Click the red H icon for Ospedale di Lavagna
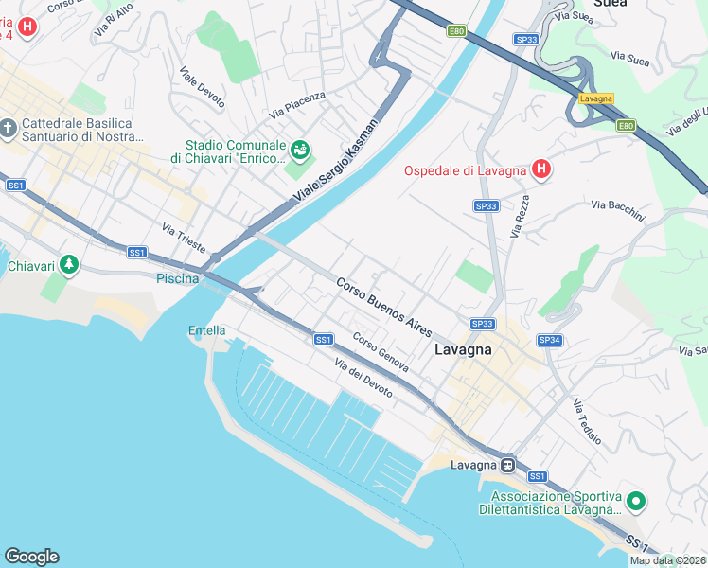point(540,170)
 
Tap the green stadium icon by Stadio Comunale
point(300,149)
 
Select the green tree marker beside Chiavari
point(68,265)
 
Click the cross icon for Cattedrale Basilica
point(9,127)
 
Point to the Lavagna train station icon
point(508,465)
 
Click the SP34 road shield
point(550,340)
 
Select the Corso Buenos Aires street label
point(384,307)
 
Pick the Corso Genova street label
point(381,351)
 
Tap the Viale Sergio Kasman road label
point(336,158)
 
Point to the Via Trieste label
point(184,238)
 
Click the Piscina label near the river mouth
point(178,278)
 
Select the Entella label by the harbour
point(207,330)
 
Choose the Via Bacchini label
point(617,210)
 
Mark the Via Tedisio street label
point(587,422)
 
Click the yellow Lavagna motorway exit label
point(596,98)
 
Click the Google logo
point(31,557)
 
